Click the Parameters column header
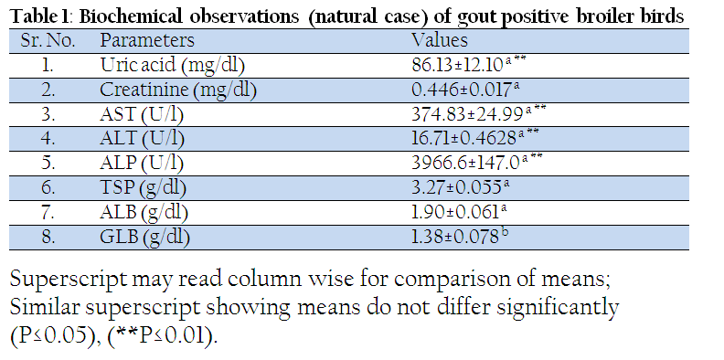point(147,40)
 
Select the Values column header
point(440,40)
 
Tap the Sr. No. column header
point(48,40)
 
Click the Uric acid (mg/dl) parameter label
point(172,66)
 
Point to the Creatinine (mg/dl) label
point(177,90)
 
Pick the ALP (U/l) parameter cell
point(142,164)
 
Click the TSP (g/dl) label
point(143,188)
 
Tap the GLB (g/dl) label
point(144,238)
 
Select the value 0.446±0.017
point(463,90)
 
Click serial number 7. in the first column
point(48,213)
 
